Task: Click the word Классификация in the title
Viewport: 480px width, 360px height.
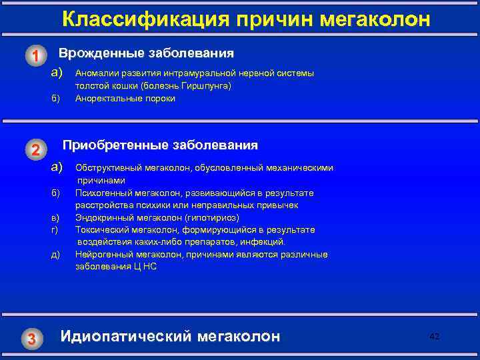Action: pos(124,20)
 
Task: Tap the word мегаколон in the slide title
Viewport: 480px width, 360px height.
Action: pos(375,20)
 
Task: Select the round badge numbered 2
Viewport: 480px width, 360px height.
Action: pos(37,149)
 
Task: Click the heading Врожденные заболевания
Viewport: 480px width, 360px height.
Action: pos(147,53)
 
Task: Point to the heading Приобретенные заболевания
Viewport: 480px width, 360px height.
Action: pos(160,145)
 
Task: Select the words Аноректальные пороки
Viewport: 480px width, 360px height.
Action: pos(125,99)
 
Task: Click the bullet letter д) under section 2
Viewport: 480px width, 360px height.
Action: pos(55,255)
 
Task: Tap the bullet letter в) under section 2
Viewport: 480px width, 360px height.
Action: pos(55,217)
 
